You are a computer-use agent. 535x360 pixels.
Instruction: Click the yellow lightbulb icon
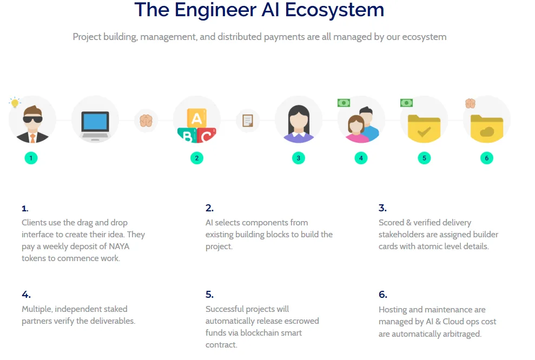pos(15,102)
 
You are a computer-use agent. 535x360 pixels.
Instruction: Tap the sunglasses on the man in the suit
pos(33,119)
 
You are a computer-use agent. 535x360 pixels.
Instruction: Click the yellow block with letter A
pos(196,118)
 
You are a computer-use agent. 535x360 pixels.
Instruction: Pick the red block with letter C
pos(207,135)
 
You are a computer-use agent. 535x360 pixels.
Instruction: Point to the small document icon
pos(248,121)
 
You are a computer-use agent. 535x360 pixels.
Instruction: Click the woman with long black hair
pos(299,123)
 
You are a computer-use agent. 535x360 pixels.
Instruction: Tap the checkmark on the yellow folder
pos(424,131)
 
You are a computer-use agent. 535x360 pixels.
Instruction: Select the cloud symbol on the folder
pos(487,131)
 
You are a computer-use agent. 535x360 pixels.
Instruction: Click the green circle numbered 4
pos(361,158)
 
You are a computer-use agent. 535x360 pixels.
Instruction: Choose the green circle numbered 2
pos(196,158)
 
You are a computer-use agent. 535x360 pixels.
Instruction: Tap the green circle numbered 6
pos(486,158)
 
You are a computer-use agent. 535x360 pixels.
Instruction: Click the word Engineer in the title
pos(215,10)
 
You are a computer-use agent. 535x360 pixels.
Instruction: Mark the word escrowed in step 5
pos(302,321)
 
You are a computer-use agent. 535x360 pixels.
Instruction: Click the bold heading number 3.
pos(382,208)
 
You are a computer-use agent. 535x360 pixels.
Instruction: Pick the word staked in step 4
pos(115,309)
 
